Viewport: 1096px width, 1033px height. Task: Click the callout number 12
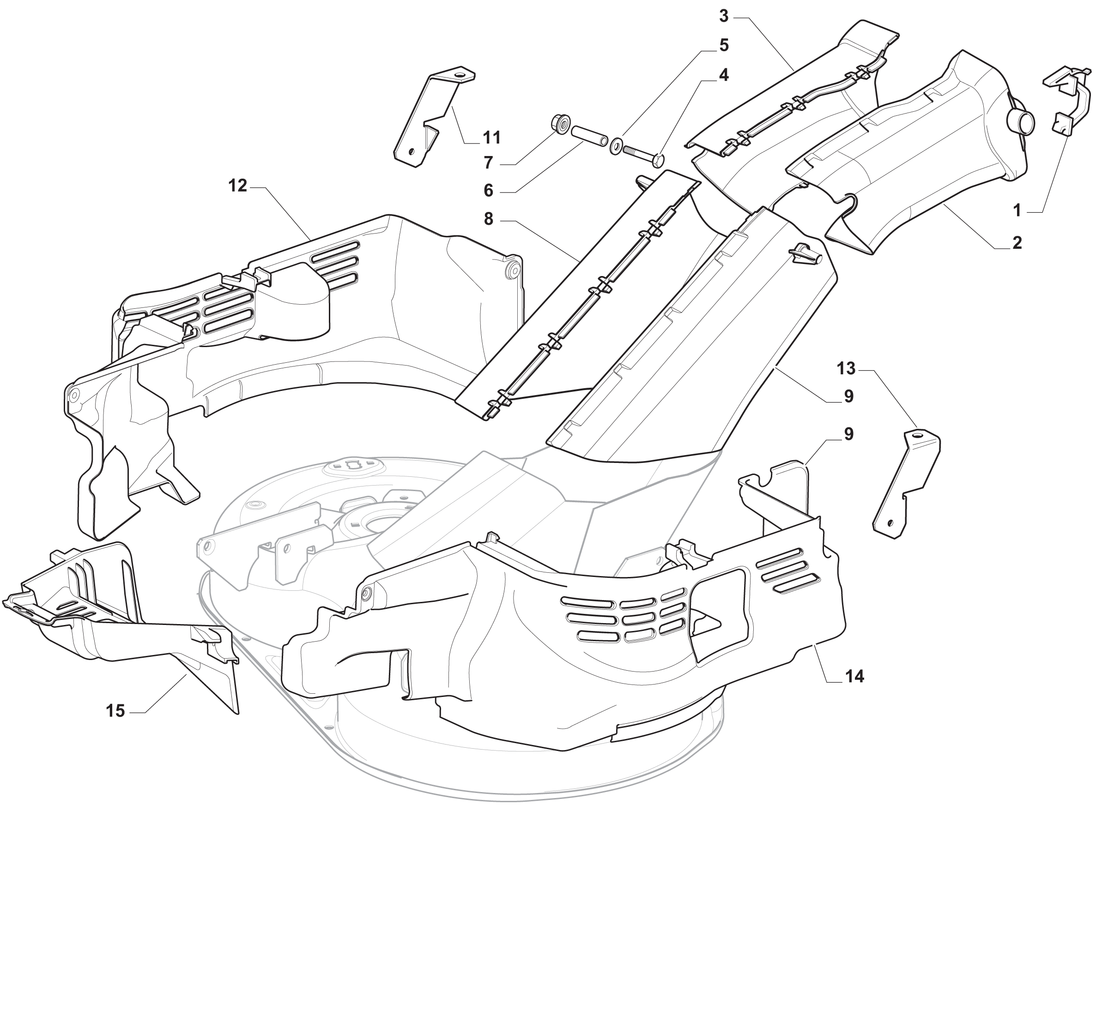click(x=237, y=186)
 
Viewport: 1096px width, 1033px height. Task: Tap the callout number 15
click(x=116, y=711)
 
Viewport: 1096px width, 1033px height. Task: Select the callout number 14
click(x=854, y=677)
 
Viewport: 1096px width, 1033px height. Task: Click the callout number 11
click(x=492, y=138)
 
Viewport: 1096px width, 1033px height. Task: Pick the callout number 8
click(x=489, y=219)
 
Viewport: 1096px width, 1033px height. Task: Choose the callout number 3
click(x=724, y=17)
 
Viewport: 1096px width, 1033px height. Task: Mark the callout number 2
click(x=1017, y=242)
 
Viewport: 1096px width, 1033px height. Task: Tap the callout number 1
click(x=1017, y=210)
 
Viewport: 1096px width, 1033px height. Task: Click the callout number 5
click(x=724, y=45)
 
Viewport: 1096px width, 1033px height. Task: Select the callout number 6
click(x=489, y=191)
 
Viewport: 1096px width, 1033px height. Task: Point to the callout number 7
click(x=489, y=163)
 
